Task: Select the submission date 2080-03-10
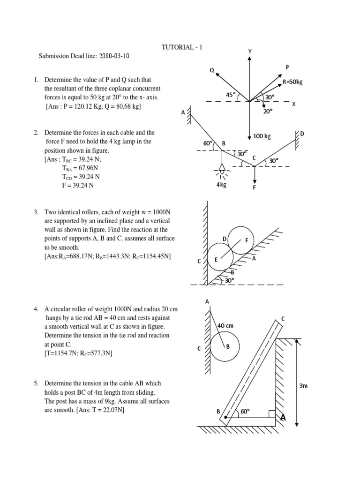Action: pos(112,56)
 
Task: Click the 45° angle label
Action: pos(231,94)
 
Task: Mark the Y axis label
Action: pos(250,51)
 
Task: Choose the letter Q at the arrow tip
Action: pos(212,70)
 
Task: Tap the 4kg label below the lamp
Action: pos(221,185)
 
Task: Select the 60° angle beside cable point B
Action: pos(208,143)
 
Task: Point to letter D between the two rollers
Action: pos(225,239)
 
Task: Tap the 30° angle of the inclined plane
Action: pos(229,280)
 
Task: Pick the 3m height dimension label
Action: pos(305,386)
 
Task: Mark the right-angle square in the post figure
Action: pos(272,413)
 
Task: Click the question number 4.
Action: pos(36,309)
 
